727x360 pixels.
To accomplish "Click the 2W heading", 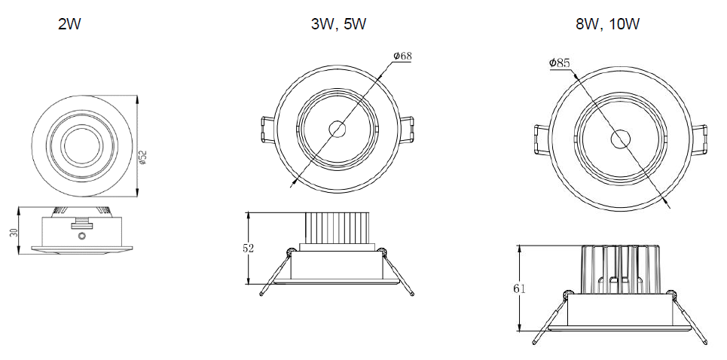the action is (69, 24).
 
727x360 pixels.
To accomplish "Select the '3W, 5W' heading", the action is (338, 24).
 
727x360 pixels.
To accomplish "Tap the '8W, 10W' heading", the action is (607, 24).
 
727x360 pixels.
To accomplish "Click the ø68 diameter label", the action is (402, 56).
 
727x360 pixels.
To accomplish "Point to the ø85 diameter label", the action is (559, 63).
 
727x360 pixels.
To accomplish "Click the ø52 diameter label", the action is (143, 157).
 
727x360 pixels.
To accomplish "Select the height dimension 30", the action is (14, 232).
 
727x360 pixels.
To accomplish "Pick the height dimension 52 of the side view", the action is (249, 248).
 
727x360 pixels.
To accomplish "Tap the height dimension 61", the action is (519, 288).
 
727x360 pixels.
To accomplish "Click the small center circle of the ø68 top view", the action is (337, 130).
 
